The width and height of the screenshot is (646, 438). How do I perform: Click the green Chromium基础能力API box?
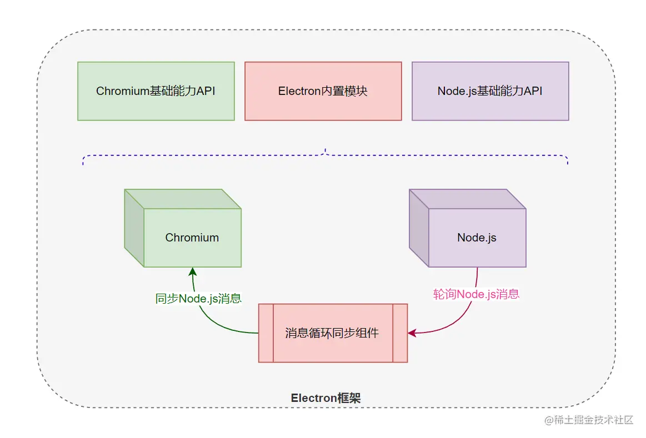coord(156,91)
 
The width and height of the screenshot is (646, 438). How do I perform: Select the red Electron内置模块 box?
coord(323,91)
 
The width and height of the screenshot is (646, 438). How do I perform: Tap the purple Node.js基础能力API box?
coord(490,91)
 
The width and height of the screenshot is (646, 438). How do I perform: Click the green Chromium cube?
coord(183,228)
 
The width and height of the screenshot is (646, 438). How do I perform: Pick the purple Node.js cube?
coord(468,228)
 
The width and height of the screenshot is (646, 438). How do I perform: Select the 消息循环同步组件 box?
coord(333,333)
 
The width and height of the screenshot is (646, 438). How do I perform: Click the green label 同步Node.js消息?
coord(198,299)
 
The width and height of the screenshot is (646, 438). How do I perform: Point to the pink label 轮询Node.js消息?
coord(476,294)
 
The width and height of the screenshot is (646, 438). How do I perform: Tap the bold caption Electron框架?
coord(325,398)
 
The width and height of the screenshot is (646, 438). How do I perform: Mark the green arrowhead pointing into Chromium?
coord(192,272)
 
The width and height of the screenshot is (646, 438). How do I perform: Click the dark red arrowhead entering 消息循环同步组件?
coord(412,333)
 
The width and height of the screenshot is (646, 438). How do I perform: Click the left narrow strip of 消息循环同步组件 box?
coord(266,333)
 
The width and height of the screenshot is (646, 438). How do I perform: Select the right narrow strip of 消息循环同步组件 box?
coord(400,333)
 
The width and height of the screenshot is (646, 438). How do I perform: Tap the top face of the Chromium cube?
coord(183,199)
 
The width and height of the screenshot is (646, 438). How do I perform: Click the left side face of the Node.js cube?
coord(419,228)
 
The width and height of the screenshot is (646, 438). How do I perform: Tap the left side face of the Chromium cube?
coord(134,228)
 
